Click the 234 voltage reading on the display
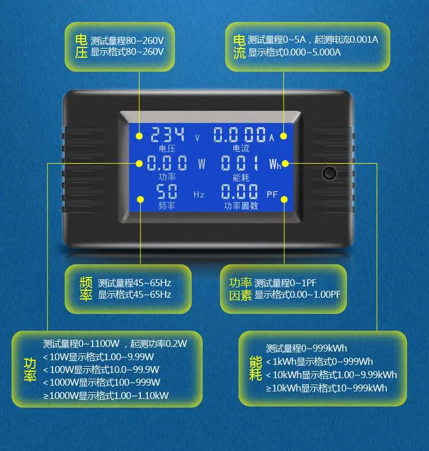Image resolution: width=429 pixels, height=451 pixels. pyautogui.click(x=167, y=135)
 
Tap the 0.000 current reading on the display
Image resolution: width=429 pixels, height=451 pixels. pyautogui.click(x=240, y=135)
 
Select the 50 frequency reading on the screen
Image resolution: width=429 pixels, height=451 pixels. pyautogui.click(x=166, y=191)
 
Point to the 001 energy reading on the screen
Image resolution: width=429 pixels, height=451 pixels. pyautogui.click(x=240, y=163)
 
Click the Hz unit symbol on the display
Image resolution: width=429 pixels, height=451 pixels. pyautogui.click(x=199, y=195)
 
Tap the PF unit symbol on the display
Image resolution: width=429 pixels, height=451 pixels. pyautogui.click(x=272, y=194)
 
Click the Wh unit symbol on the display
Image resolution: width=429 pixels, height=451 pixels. pyautogui.click(x=275, y=164)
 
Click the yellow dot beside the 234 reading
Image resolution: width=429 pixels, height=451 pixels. pyautogui.click(x=139, y=136)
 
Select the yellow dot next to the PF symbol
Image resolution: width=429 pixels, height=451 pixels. pyautogui.click(x=284, y=199)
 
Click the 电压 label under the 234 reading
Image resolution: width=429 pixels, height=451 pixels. pyautogui.click(x=167, y=149)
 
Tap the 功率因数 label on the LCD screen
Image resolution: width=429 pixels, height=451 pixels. pyautogui.click(x=241, y=206)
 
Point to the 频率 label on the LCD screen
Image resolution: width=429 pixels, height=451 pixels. pyautogui.click(x=166, y=206)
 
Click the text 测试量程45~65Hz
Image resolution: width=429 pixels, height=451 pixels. pyautogui.click(x=135, y=283)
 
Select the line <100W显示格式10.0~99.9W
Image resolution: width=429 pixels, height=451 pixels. pyautogui.click(x=101, y=369)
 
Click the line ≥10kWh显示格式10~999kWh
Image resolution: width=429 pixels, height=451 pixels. pyautogui.click(x=326, y=389)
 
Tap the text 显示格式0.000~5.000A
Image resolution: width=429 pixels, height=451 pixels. pyautogui.click(x=294, y=53)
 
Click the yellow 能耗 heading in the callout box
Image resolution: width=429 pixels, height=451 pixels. pyautogui.click(x=255, y=368)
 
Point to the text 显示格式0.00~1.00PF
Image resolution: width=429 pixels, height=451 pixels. pyautogui.click(x=297, y=294)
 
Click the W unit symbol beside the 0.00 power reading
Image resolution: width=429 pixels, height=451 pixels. pyautogui.click(x=202, y=164)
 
